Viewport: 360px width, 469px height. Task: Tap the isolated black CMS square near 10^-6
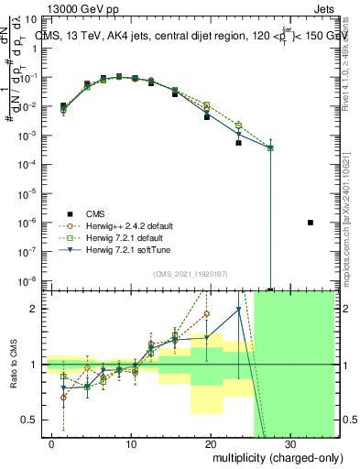coord(311,223)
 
